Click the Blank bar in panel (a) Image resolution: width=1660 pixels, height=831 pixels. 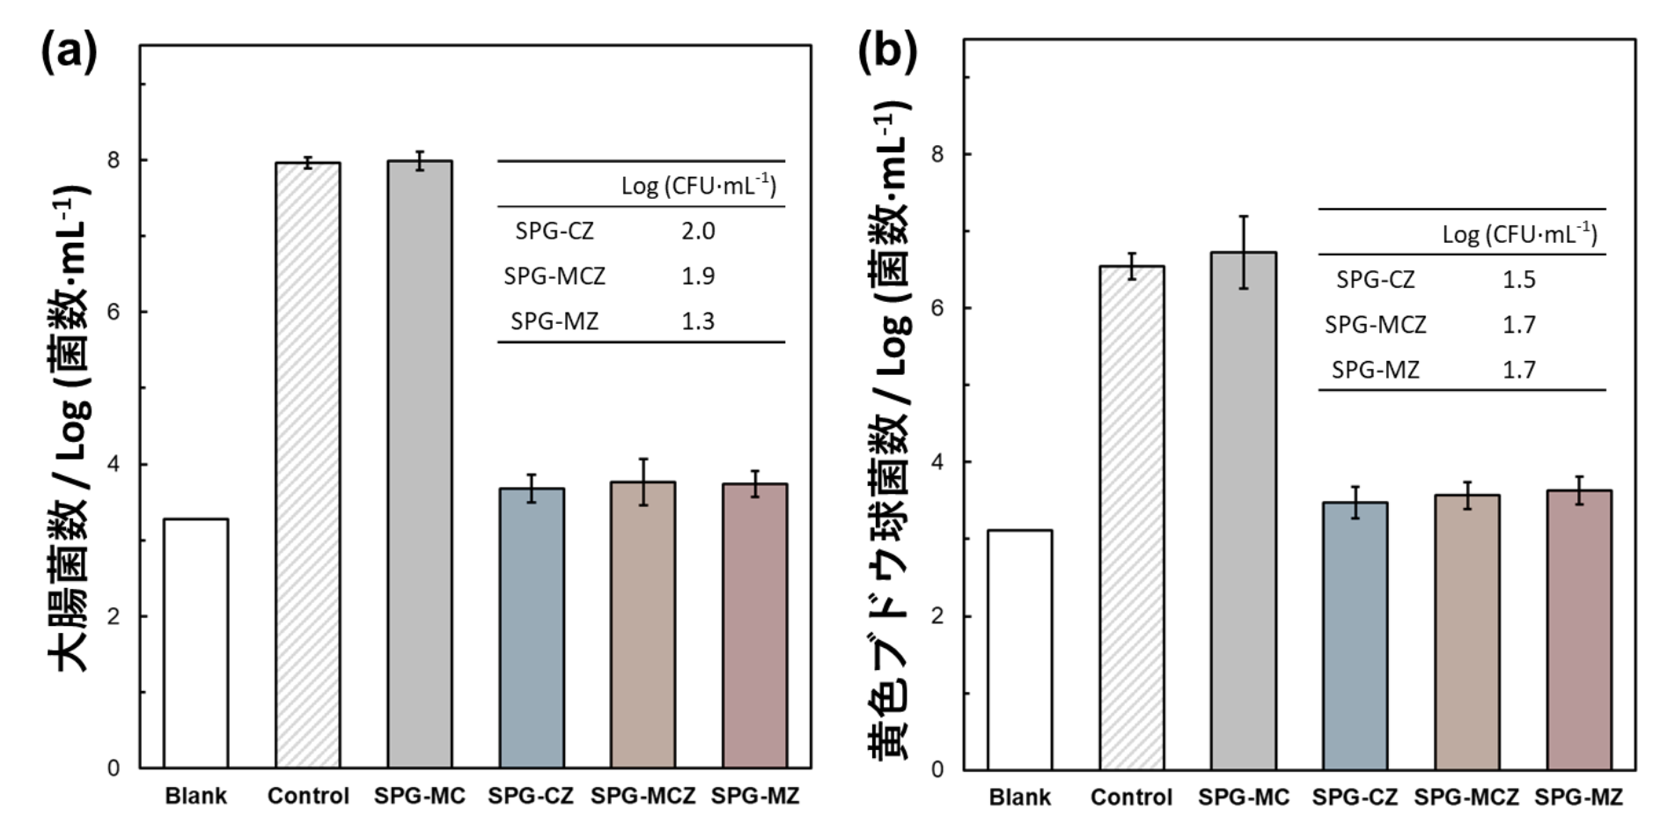[x=195, y=643]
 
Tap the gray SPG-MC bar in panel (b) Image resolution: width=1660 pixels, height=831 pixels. [x=1243, y=511]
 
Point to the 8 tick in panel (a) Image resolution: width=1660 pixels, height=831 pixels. [x=114, y=160]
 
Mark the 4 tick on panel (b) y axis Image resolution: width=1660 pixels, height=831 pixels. [x=937, y=462]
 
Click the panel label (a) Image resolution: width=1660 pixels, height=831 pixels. [x=69, y=53]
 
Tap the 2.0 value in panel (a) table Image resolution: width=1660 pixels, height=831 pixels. [x=698, y=232]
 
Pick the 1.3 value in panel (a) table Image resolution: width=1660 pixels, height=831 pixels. [x=698, y=321]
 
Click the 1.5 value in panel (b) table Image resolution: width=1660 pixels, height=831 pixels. [x=1519, y=280]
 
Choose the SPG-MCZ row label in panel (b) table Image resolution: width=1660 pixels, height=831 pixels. [x=1375, y=325]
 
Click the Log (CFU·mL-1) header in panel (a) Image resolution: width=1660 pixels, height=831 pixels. [x=699, y=186]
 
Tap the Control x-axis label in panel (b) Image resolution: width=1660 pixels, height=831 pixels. [x=1131, y=798]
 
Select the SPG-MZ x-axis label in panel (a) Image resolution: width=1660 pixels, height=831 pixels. [x=755, y=796]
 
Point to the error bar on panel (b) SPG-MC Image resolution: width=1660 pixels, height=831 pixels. [x=1244, y=252]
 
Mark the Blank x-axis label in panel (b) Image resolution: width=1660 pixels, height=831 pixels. [x=1019, y=798]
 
